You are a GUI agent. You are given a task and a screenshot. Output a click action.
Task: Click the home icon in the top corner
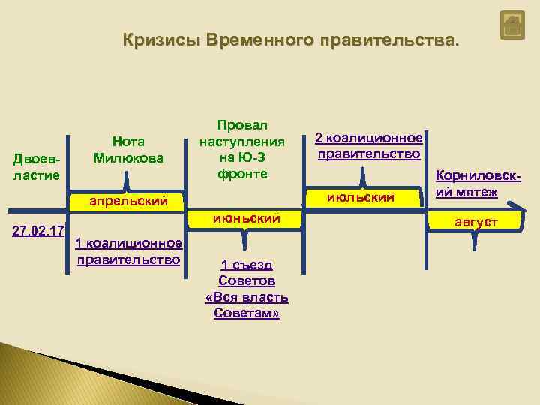512,27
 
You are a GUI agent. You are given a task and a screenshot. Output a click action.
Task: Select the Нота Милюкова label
128,149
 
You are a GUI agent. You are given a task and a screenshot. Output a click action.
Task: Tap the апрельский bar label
128,201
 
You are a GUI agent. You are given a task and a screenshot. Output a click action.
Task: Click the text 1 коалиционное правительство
128,250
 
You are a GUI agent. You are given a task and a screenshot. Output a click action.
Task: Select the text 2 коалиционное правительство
368,146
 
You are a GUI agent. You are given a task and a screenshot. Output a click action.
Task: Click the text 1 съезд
246,265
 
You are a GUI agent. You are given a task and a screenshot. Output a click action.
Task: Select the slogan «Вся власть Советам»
246,304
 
